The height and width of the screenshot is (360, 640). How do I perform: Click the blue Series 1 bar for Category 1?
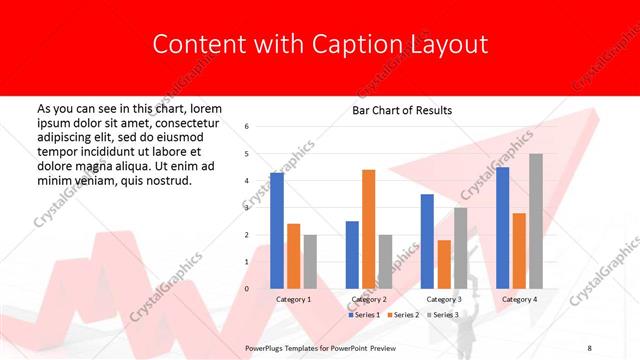tap(277, 231)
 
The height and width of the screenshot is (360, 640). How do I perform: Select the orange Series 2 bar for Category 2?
tap(368, 229)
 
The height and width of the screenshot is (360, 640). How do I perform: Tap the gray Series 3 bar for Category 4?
tap(535, 221)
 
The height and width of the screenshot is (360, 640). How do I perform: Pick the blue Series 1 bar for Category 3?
tap(427, 241)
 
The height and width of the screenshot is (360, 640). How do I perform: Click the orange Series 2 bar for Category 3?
tap(444, 264)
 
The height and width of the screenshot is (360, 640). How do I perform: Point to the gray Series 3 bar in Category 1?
tap(310, 261)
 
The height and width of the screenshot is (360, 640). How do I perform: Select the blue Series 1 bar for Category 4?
tap(502, 228)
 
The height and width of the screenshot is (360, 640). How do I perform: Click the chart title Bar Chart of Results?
tap(402, 110)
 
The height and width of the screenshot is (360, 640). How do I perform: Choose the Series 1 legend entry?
tap(362, 315)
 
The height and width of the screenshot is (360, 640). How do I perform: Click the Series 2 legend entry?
tap(402, 315)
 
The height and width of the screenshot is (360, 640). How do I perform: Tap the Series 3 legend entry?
tap(441, 315)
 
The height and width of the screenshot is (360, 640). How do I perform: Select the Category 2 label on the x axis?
tap(369, 299)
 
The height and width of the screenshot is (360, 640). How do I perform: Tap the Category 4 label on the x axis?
tap(519, 299)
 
